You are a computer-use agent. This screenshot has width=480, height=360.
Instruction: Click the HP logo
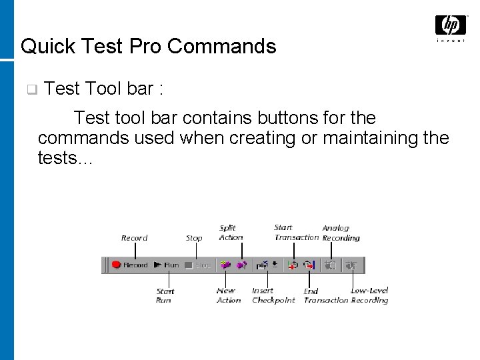(x=451, y=27)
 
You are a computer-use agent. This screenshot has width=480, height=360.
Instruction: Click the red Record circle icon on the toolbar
(x=115, y=265)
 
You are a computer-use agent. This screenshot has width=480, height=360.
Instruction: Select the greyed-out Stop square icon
(x=189, y=265)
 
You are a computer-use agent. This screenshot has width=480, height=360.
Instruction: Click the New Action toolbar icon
(x=227, y=265)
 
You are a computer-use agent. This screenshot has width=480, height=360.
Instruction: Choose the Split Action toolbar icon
(x=241, y=265)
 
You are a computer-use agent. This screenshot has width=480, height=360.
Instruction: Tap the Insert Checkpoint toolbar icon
(x=264, y=265)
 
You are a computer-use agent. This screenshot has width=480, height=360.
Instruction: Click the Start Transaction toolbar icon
(x=293, y=265)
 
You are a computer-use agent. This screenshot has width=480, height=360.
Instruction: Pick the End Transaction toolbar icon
(x=309, y=265)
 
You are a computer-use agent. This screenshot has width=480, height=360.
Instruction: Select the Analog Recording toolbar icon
(x=330, y=265)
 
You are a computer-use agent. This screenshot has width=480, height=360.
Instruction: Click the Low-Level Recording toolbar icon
(x=352, y=265)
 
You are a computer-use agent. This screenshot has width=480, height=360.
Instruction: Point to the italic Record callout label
(x=134, y=238)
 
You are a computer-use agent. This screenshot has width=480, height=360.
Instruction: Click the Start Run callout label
(x=165, y=295)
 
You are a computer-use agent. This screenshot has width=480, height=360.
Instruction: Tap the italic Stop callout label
(x=194, y=238)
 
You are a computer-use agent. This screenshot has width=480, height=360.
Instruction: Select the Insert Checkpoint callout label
(x=273, y=295)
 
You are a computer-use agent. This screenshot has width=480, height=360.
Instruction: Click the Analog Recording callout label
(x=341, y=233)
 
